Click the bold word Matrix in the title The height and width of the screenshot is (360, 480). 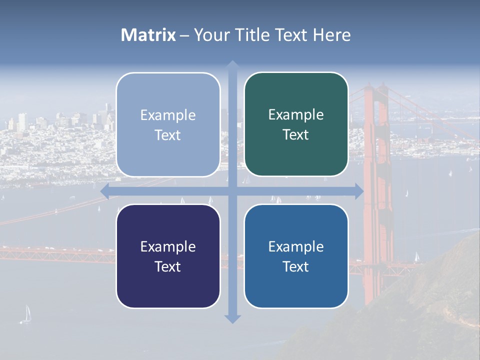pyautogui.click(x=148, y=35)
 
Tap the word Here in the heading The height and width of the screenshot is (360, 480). pyautogui.click(x=331, y=35)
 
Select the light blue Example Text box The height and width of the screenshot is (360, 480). pyautogui.click(x=168, y=125)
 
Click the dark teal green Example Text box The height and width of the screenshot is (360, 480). pyautogui.click(x=296, y=124)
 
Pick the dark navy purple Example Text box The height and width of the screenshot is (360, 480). pyautogui.click(x=168, y=256)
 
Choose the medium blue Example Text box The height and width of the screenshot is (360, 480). pyautogui.click(x=296, y=256)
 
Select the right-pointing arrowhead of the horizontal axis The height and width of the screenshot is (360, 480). pyautogui.click(x=358, y=191)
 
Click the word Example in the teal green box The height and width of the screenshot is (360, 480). pyautogui.click(x=296, y=115)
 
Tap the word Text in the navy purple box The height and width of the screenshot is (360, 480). pyautogui.click(x=167, y=266)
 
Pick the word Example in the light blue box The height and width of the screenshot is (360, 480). pyautogui.click(x=168, y=115)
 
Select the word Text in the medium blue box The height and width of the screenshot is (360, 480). pyautogui.click(x=295, y=266)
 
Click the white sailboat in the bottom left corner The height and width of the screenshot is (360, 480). pyautogui.click(x=26, y=314)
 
